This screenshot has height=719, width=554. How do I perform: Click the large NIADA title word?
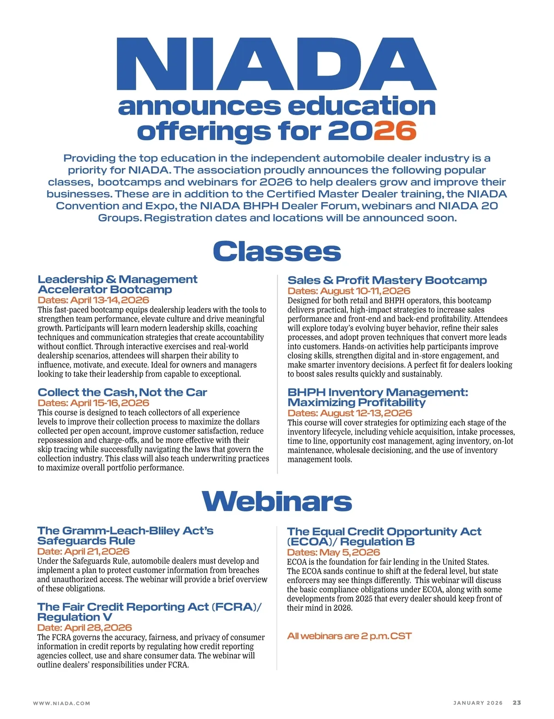pyautogui.click(x=277, y=64)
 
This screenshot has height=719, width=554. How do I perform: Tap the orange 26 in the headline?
pyautogui.click(x=395, y=131)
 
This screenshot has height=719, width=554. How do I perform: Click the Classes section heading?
pyautogui.click(x=277, y=252)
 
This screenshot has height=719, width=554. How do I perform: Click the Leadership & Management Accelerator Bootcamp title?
pyautogui.click(x=117, y=285)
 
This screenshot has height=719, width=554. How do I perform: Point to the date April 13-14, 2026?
pyautogui.click(x=93, y=300)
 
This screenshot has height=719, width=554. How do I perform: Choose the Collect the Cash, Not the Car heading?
pyautogui.click(x=122, y=392)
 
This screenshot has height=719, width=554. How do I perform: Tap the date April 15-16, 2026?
pyautogui.click(x=93, y=403)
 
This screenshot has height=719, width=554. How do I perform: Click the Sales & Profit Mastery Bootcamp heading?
pyautogui.click(x=387, y=280)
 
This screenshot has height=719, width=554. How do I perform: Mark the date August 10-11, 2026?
pyautogui.click(x=349, y=291)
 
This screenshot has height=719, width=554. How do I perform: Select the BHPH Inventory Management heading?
pyautogui.click(x=377, y=397)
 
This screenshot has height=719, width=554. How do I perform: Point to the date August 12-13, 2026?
pyautogui.click(x=349, y=413)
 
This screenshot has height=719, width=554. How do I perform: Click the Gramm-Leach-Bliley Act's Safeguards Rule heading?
pyautogui.click(x=125, y=536)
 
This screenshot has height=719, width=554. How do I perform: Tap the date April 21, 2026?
pyautogui.click(x=83, y=551)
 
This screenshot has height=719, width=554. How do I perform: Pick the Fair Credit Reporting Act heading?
pyautogui.click(x=149, y=612)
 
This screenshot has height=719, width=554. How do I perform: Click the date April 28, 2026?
pyautogui.click(x=84, y=628)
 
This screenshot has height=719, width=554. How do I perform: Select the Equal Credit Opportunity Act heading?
pyautogui.click(x=384, y=537)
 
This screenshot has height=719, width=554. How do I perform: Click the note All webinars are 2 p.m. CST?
pyautogui.click(x=349, y=636)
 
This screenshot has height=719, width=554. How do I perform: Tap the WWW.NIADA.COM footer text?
pyautogui.click(x=61, y=703)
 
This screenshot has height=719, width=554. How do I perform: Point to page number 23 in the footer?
pyautogui.click(x=517, y=703)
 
